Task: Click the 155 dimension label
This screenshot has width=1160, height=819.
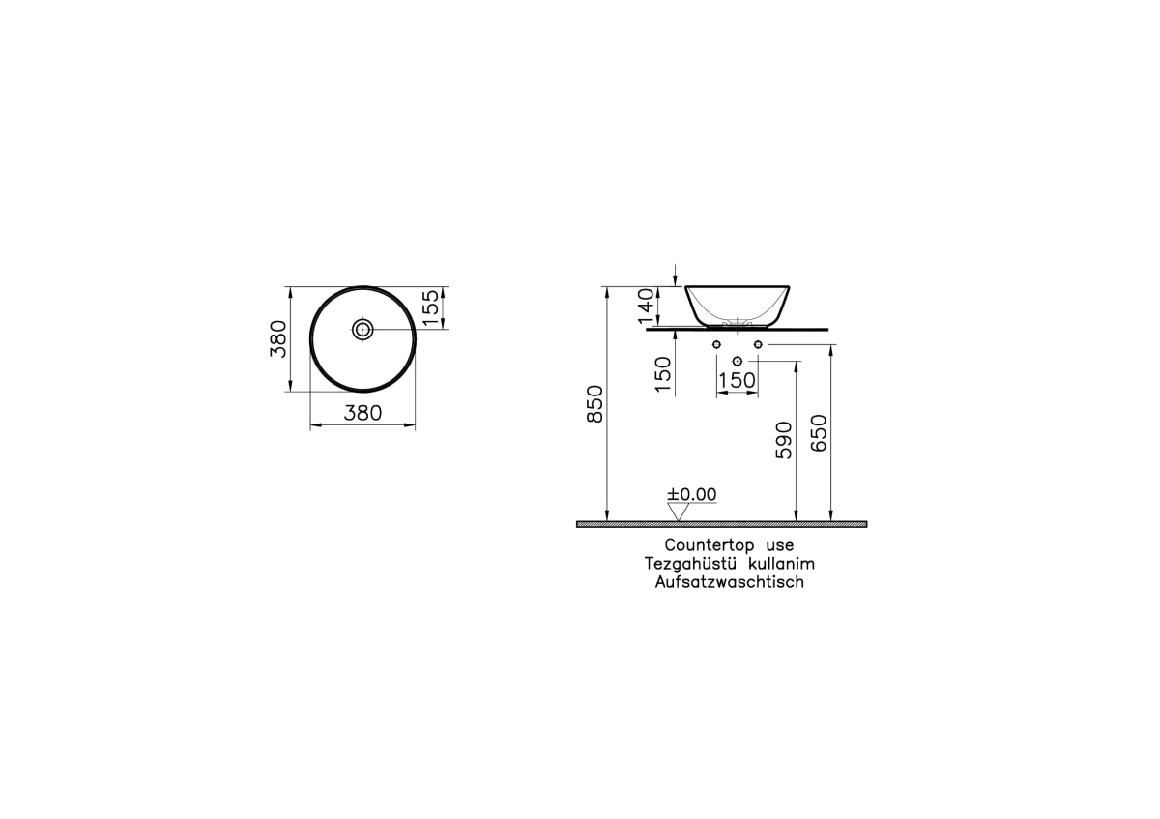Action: click(431, 308)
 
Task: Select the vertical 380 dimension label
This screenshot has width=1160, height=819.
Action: click(278, 338)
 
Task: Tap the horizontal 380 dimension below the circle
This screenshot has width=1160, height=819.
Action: click(362, 413)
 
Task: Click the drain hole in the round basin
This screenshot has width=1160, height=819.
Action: click(362, 330)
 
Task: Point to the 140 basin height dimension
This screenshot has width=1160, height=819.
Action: click(646, 307)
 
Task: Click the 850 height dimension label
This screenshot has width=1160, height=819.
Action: click(595, 404)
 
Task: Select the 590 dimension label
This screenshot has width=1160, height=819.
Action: click(784, 440)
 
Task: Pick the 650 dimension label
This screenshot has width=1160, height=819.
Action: click(819, 433)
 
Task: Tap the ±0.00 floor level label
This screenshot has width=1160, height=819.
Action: click(692, 494)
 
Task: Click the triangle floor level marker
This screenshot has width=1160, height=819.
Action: click(678, 512)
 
